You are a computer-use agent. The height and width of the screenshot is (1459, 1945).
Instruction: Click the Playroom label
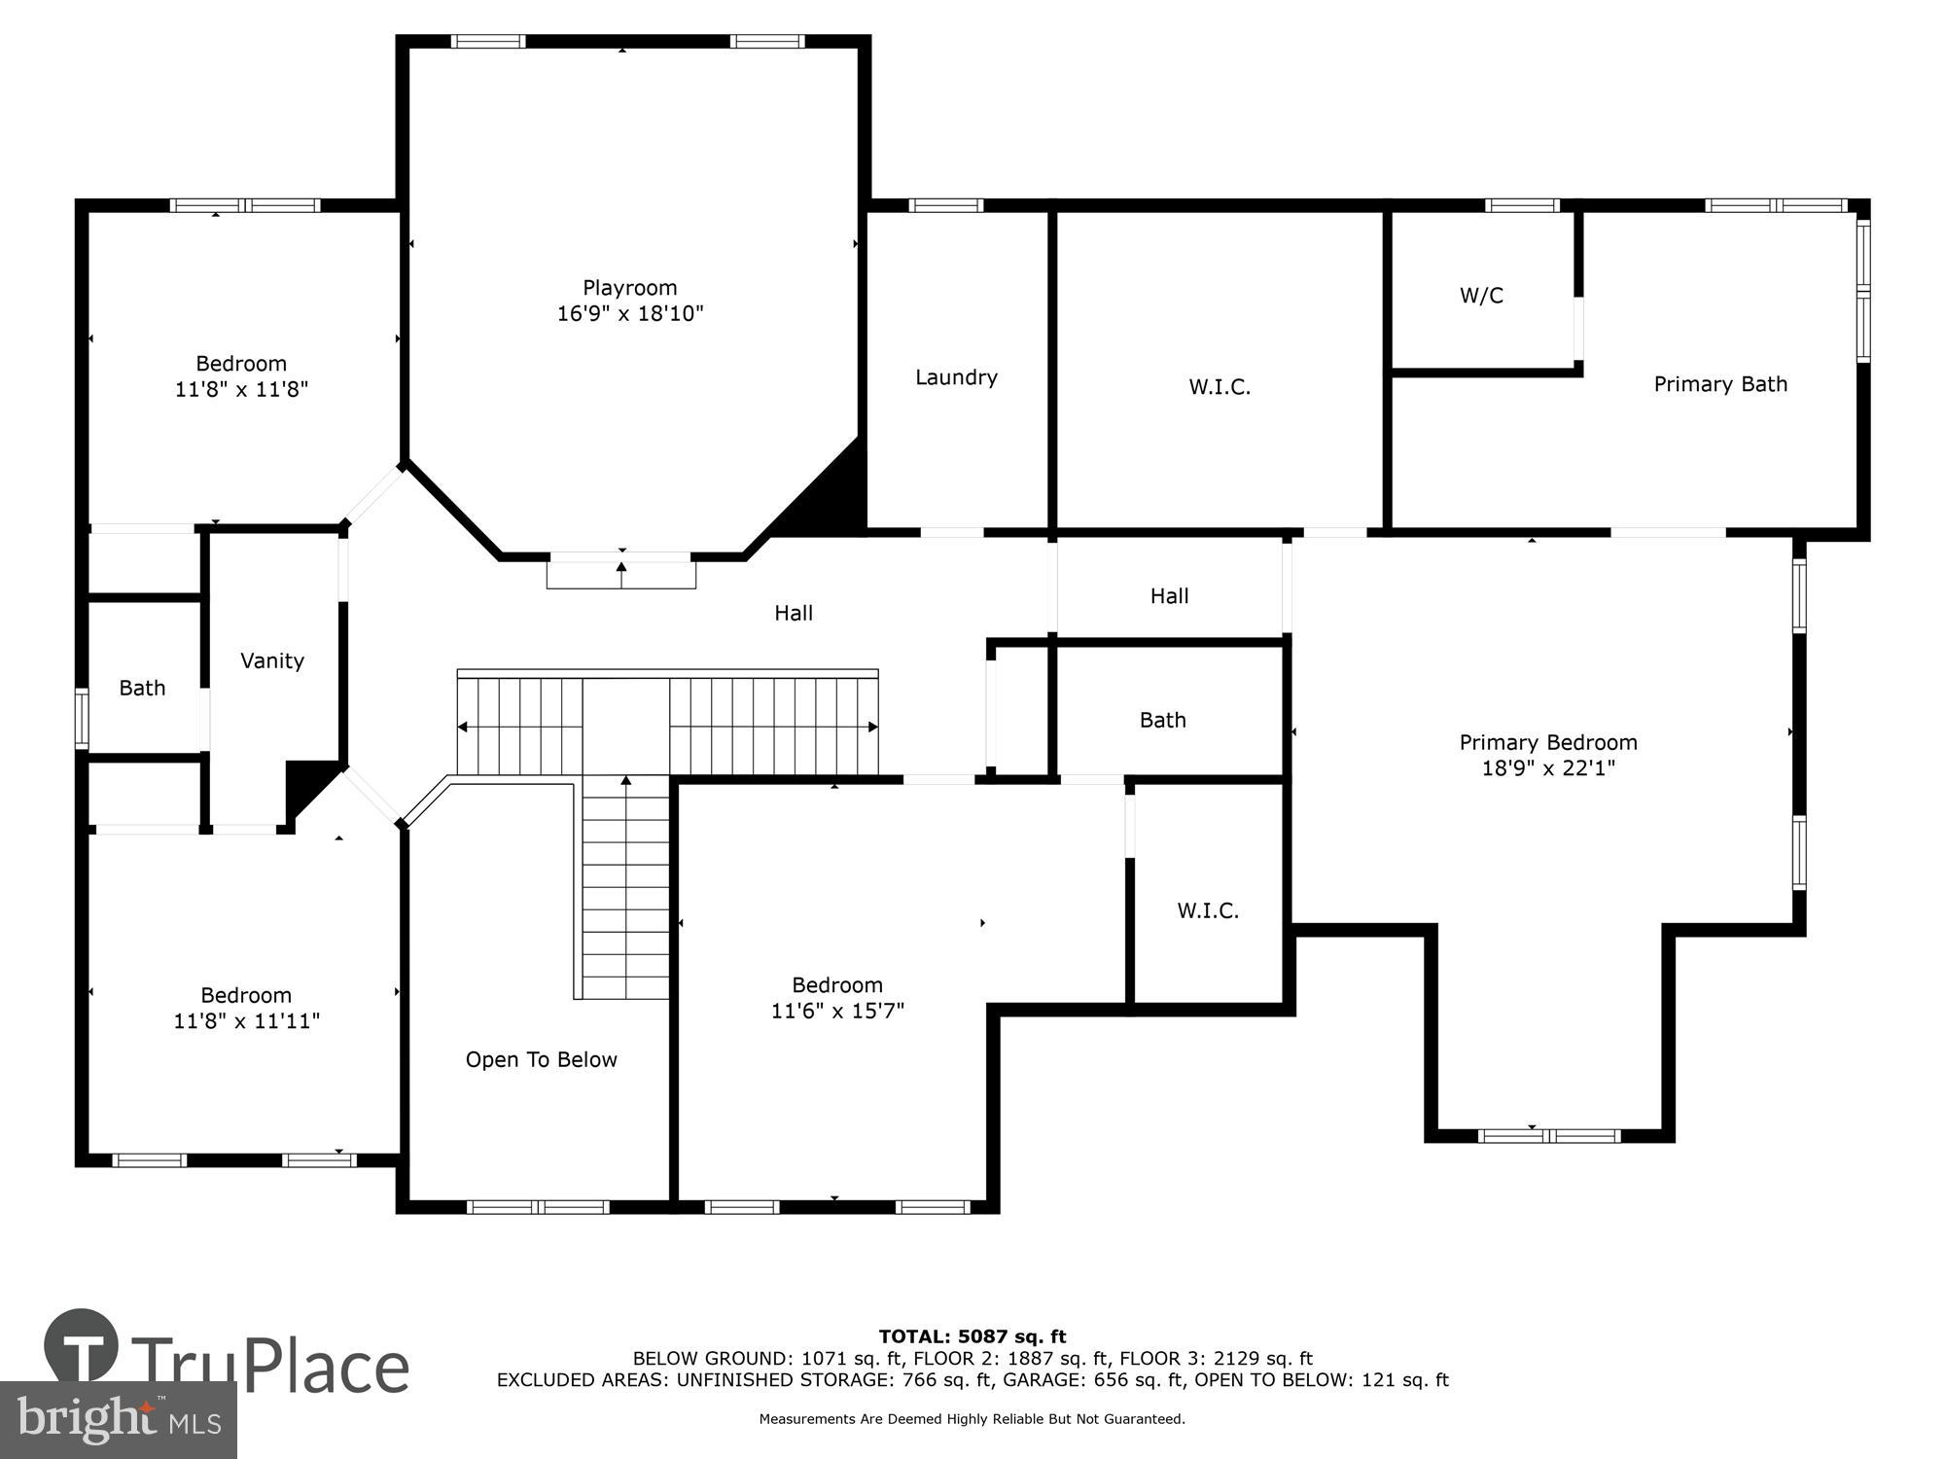tap(629, 288)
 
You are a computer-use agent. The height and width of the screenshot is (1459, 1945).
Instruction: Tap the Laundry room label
tap(956, 377)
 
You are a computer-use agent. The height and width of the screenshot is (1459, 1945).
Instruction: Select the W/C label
tap(1481, 296)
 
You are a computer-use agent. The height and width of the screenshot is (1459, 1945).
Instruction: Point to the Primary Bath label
tap(1720, 384)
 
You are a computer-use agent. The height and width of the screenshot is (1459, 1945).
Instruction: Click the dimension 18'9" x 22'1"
tap(1548, 768)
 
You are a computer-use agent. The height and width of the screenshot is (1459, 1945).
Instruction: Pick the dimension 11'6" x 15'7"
tap(837, 1011)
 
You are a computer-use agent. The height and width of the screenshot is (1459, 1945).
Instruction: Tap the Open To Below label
tap(541, 1059)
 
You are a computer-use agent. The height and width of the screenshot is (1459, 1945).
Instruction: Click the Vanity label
tap(272, 660)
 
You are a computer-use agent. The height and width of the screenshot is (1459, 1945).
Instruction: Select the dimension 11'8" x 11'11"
tap(246, 1020)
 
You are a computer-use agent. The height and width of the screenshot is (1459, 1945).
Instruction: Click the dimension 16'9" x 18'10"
tap(629, 313)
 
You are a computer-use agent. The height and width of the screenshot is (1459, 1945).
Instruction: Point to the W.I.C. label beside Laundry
tap(1220, 387)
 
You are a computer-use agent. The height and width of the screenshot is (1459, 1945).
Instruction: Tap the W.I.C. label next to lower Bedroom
tap(1208, 910)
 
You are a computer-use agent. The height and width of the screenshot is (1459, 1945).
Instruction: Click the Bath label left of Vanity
tap(142, 688)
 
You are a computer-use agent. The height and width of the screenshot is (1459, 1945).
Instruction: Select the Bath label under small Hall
tap(1162, 720)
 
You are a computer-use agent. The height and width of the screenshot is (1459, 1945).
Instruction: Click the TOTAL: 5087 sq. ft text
tap(972, 1336)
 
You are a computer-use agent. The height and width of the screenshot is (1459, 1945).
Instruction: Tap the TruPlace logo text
tap(269, 1366)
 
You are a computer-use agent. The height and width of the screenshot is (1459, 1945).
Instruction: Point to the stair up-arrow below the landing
tap(626, 781)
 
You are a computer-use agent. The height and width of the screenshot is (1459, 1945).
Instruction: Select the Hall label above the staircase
tap(794, 613)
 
